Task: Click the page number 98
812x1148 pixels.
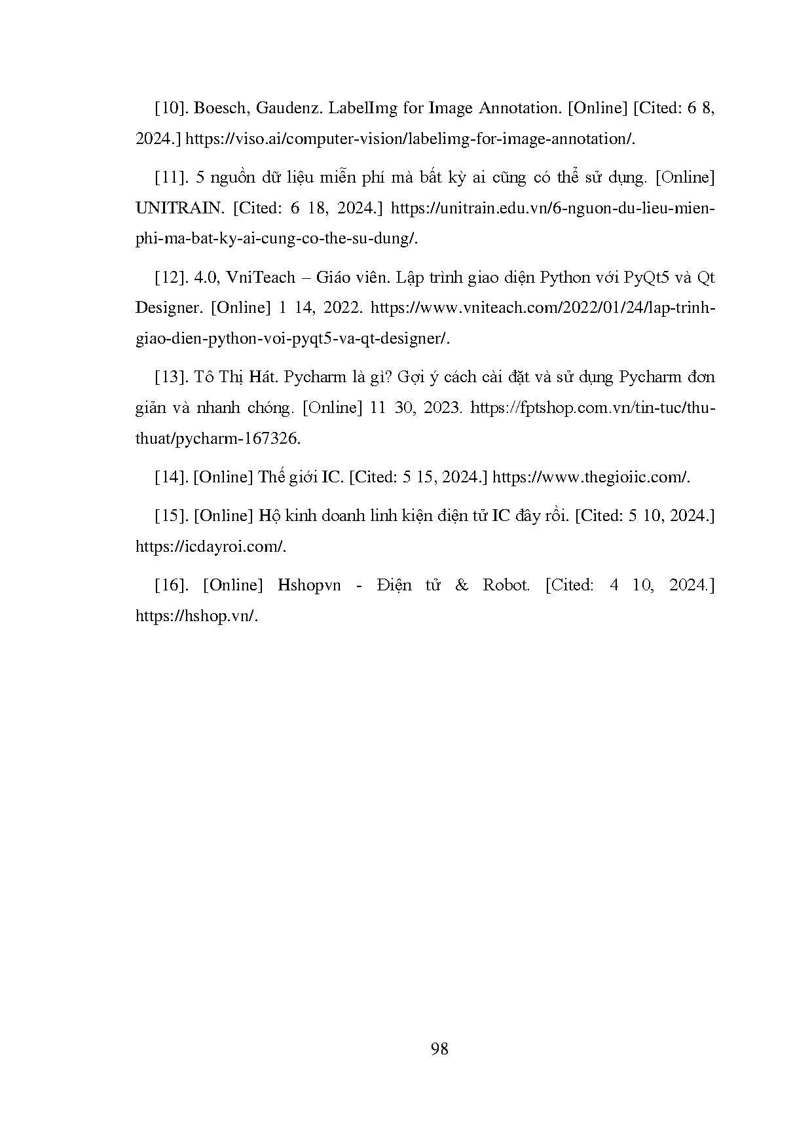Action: click(x=439, y=1049)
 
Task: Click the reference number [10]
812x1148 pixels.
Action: click(x=172, y=108)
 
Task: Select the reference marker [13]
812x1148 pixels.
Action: click(x=172, y=377)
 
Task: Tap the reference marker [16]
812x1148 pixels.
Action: click(x=172, y=585)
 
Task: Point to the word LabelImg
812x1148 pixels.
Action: click(x=362, y=108)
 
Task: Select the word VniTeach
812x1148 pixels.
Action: click(x=261, y=278)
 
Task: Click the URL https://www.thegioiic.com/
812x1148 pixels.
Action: click(x=591, y=477)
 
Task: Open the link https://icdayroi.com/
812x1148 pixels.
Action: click(x=210, y=547)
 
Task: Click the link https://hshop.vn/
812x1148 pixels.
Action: click(x=197, y=616)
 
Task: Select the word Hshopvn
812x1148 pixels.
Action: click(x=309, y=585)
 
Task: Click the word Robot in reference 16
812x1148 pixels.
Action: click(x=506, y=585)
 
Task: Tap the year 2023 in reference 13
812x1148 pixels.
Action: click(x=443, y=408)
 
